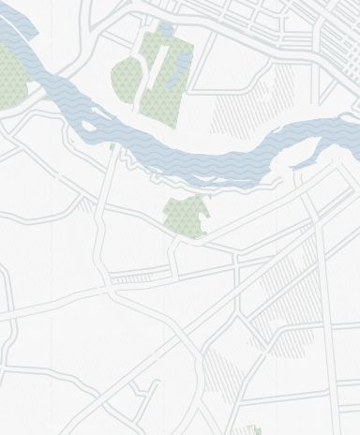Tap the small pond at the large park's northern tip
(165, 32)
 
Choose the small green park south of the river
(185, 217)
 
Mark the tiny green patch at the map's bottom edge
(254, 430)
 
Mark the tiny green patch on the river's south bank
(113, 146)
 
